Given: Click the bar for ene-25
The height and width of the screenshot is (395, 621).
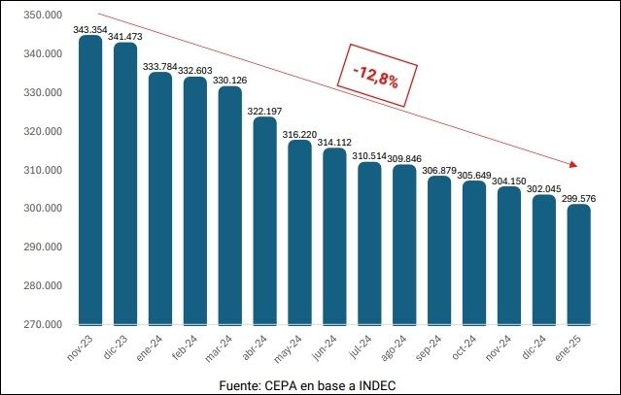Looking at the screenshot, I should tap(578, 264).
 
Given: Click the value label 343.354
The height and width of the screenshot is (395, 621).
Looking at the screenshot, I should tap(89, 30).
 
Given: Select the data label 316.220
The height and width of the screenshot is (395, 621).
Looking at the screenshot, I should tap(299, 134).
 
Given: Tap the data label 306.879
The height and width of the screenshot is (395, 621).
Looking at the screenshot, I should tap(439, 170).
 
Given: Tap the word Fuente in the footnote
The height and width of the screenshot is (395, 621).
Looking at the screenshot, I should tap(240, 385).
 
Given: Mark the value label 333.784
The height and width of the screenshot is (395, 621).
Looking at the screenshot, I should tap(160, 67).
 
